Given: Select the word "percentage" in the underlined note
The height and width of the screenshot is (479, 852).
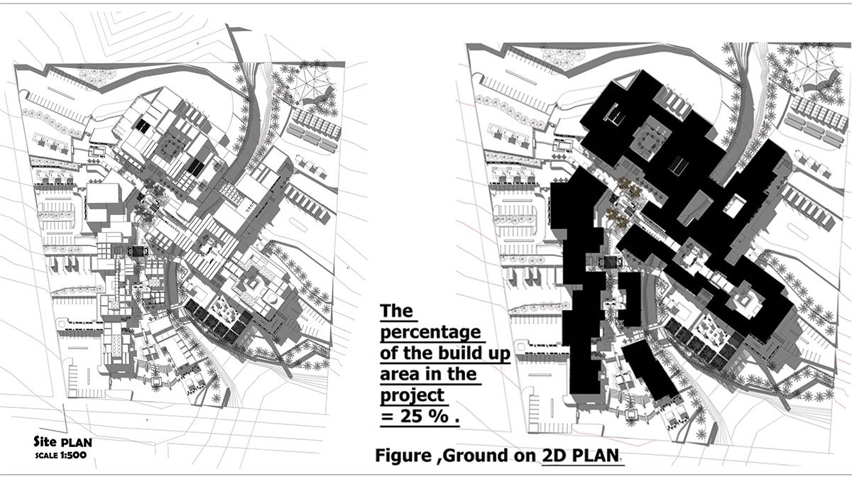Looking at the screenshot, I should (429, 333).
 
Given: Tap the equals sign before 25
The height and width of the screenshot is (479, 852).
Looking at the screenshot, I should (387, 418).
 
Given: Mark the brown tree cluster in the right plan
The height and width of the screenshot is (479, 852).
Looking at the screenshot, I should (626, 199).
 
